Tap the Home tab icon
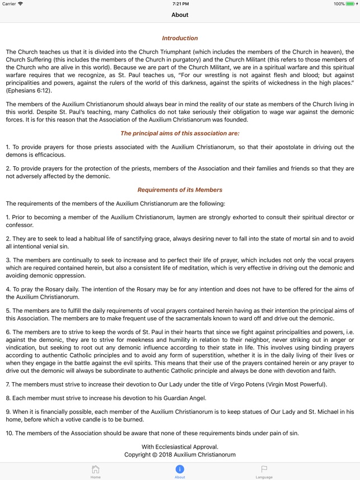96,469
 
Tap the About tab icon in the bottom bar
180,469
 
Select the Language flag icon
264,469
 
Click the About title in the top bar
180,15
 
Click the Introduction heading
180,38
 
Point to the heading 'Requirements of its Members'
180,190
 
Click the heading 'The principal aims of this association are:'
180,133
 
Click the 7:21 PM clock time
180,4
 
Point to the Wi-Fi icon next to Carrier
21,4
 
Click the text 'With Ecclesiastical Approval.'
180,446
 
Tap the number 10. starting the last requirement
9,433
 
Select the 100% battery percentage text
339,4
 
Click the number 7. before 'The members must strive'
8,384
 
